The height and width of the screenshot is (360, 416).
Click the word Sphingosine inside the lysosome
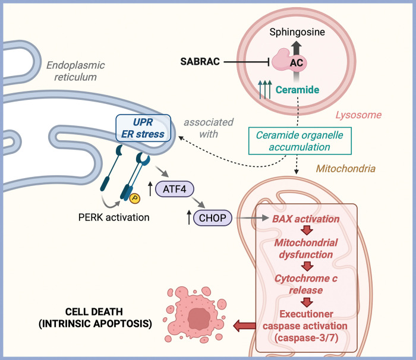(x=297, y=32)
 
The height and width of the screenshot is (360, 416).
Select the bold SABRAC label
(x=200, y=62)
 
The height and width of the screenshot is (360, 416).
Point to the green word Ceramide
(x=297, y=90)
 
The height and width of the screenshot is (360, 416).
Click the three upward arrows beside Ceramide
(x=265, y=89)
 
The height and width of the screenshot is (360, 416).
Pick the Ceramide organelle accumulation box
(x=300, y=141)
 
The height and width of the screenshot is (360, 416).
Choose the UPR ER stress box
(x=143, y=128)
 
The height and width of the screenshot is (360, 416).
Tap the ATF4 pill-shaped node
(x=175, y=189)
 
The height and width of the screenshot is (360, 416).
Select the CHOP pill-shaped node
(x=213, y=218)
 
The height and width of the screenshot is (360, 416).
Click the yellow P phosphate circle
(x=135, y=198)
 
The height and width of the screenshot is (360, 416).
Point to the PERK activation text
(x=114, y=217)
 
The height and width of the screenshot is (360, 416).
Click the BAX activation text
(x=306, y=219)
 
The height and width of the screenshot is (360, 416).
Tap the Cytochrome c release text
(x=306, y=284)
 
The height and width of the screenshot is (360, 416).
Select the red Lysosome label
(x=358, y=115)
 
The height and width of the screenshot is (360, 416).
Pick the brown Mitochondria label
(x=346, y=169)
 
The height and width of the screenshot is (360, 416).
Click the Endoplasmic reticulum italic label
(x=75, y=71)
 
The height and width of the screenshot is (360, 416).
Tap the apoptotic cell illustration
(x=196, y=314)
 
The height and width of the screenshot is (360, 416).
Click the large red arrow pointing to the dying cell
(x=244, y=326)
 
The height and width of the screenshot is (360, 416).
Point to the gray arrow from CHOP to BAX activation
(x=252, y=218)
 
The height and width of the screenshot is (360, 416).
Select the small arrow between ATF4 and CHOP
(x=199, y=203)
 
